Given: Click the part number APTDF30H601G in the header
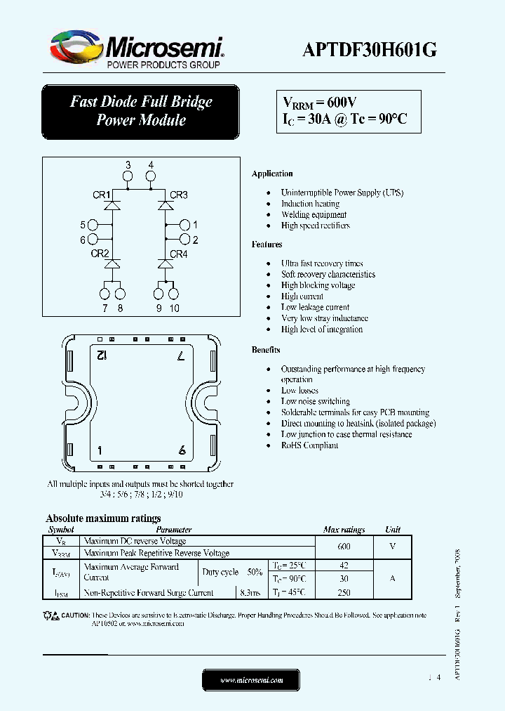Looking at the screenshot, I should pyautogui.click(x=370, y=50).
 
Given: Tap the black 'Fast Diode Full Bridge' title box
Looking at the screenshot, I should pyautogui.click(x=140, y=111).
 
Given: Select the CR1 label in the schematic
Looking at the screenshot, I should pyautogui.click(x=100, y=195).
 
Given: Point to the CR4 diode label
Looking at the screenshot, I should pyautogui.click(x=179, y=254).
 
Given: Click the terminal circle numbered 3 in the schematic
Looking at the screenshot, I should pyautogui.click(x=128, y=178).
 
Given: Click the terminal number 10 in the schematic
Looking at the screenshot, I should pyautogui.click(x=174, y=308).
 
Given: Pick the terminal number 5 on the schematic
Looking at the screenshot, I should pyautogui.click(x=83, y=225).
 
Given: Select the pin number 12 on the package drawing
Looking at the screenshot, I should pyautogui.click(x=101, y=356).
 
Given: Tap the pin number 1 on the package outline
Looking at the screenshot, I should pyautogui.click(x=100, y=450).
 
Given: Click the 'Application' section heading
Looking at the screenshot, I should pyautogui.click(x=272, y=174).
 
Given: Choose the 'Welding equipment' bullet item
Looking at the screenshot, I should pyautogui.click(x=314, y=214).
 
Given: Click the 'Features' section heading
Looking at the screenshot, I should pyautogui.click(x=267, y=244).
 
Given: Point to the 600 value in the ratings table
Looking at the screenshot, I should pyautogui.click(x=344, y=547).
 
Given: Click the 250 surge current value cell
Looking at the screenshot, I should pyautogui.click(x=344, y=592).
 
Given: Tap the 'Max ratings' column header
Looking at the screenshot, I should pyautogui.click(x=344, y=530).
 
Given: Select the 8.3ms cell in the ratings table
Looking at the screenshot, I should pyautogui.click(x=249, y=592).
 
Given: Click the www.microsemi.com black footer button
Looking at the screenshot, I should pyautogui.click(x=251, y=680).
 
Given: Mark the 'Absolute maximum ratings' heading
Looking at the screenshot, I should pyautogui.click(x=103, y=518).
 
